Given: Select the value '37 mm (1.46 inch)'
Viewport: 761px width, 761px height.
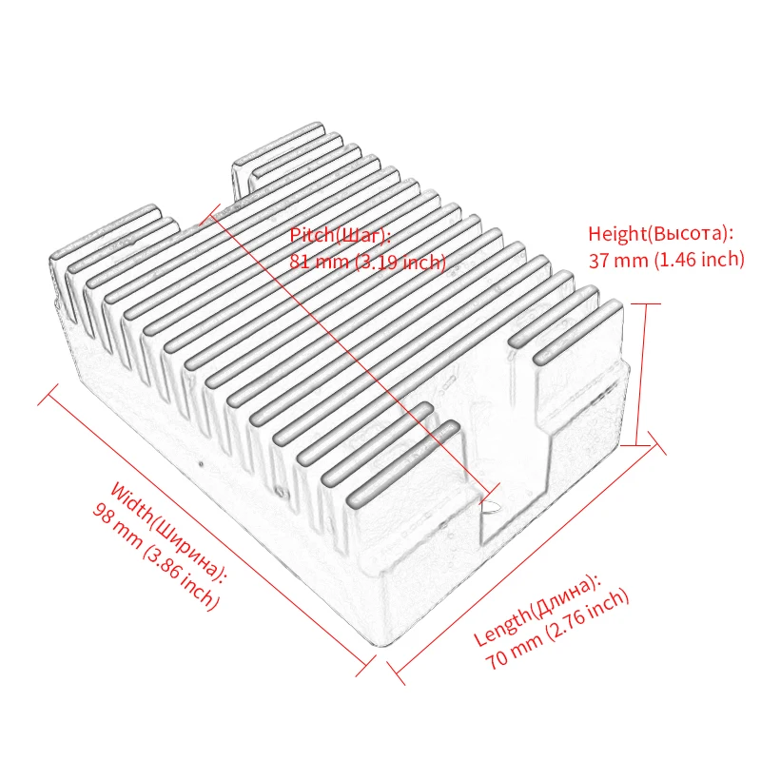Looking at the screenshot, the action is (665, 260).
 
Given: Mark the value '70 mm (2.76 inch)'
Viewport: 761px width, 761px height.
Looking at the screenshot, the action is (556, 631).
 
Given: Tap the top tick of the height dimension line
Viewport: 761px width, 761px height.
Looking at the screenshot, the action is (645, 304).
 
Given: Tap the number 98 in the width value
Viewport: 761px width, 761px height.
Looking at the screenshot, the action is (103, 515).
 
